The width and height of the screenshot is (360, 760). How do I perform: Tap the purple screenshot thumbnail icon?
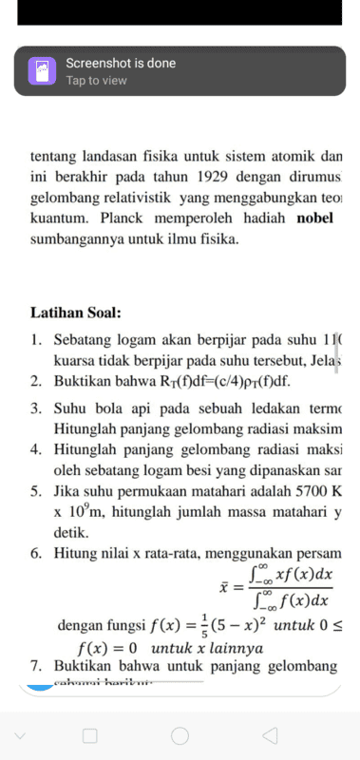(x=42, y=71)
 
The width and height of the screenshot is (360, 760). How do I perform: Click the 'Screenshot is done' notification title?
(x=121, y=64)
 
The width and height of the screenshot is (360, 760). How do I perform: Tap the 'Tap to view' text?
(x=96, y=81)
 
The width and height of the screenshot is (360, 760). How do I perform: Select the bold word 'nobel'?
(x=320, y=218)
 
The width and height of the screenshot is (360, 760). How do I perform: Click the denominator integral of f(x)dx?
(x=291, y=600)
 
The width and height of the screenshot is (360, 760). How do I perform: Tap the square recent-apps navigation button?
(x=90, y=735)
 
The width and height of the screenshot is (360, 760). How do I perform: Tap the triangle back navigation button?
(x=270, y=735)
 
